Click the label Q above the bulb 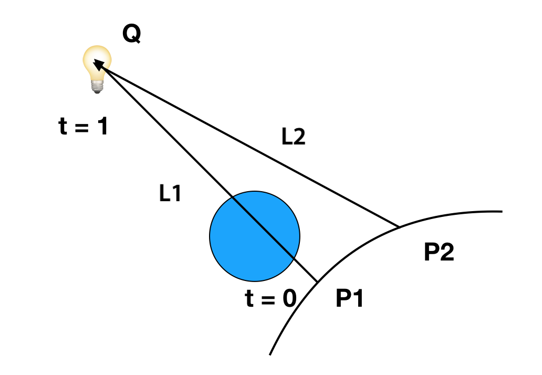coord(132,34)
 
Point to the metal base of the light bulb coord(97,87)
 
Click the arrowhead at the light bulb coord(99,64)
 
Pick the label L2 coord(294,137)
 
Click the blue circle coord(255,236)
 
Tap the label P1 coord(349,298)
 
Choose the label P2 coord(439,252)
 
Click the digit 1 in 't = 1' coord(102,126)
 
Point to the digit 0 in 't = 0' coord(290,298)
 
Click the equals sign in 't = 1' coord(82,128)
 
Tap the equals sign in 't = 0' coord(268,299)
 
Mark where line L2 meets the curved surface coord(400,227)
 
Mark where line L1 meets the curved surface coord(317,282)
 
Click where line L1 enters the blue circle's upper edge coord(232,196)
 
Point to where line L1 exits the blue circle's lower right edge coord(293,258)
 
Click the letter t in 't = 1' coord(63,126)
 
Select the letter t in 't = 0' coord(249,298)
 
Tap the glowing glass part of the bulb coord(97,62)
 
